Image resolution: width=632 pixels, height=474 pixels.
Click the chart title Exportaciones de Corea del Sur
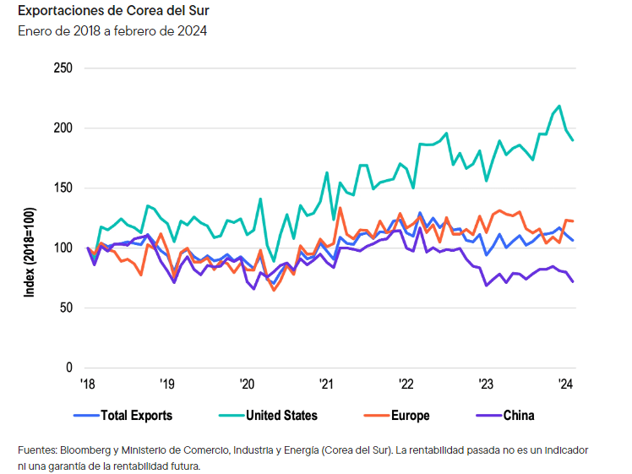coord(108,12)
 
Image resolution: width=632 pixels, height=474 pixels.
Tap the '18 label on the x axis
coord(87,384)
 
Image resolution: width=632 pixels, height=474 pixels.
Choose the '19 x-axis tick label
coord(166,384)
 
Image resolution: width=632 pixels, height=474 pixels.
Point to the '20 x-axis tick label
coord(246,384)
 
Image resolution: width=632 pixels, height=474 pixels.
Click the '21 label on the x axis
coord(325,384)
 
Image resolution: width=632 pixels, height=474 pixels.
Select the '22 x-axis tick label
coord(405,384)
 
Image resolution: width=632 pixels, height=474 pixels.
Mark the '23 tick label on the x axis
coord(484,384)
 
